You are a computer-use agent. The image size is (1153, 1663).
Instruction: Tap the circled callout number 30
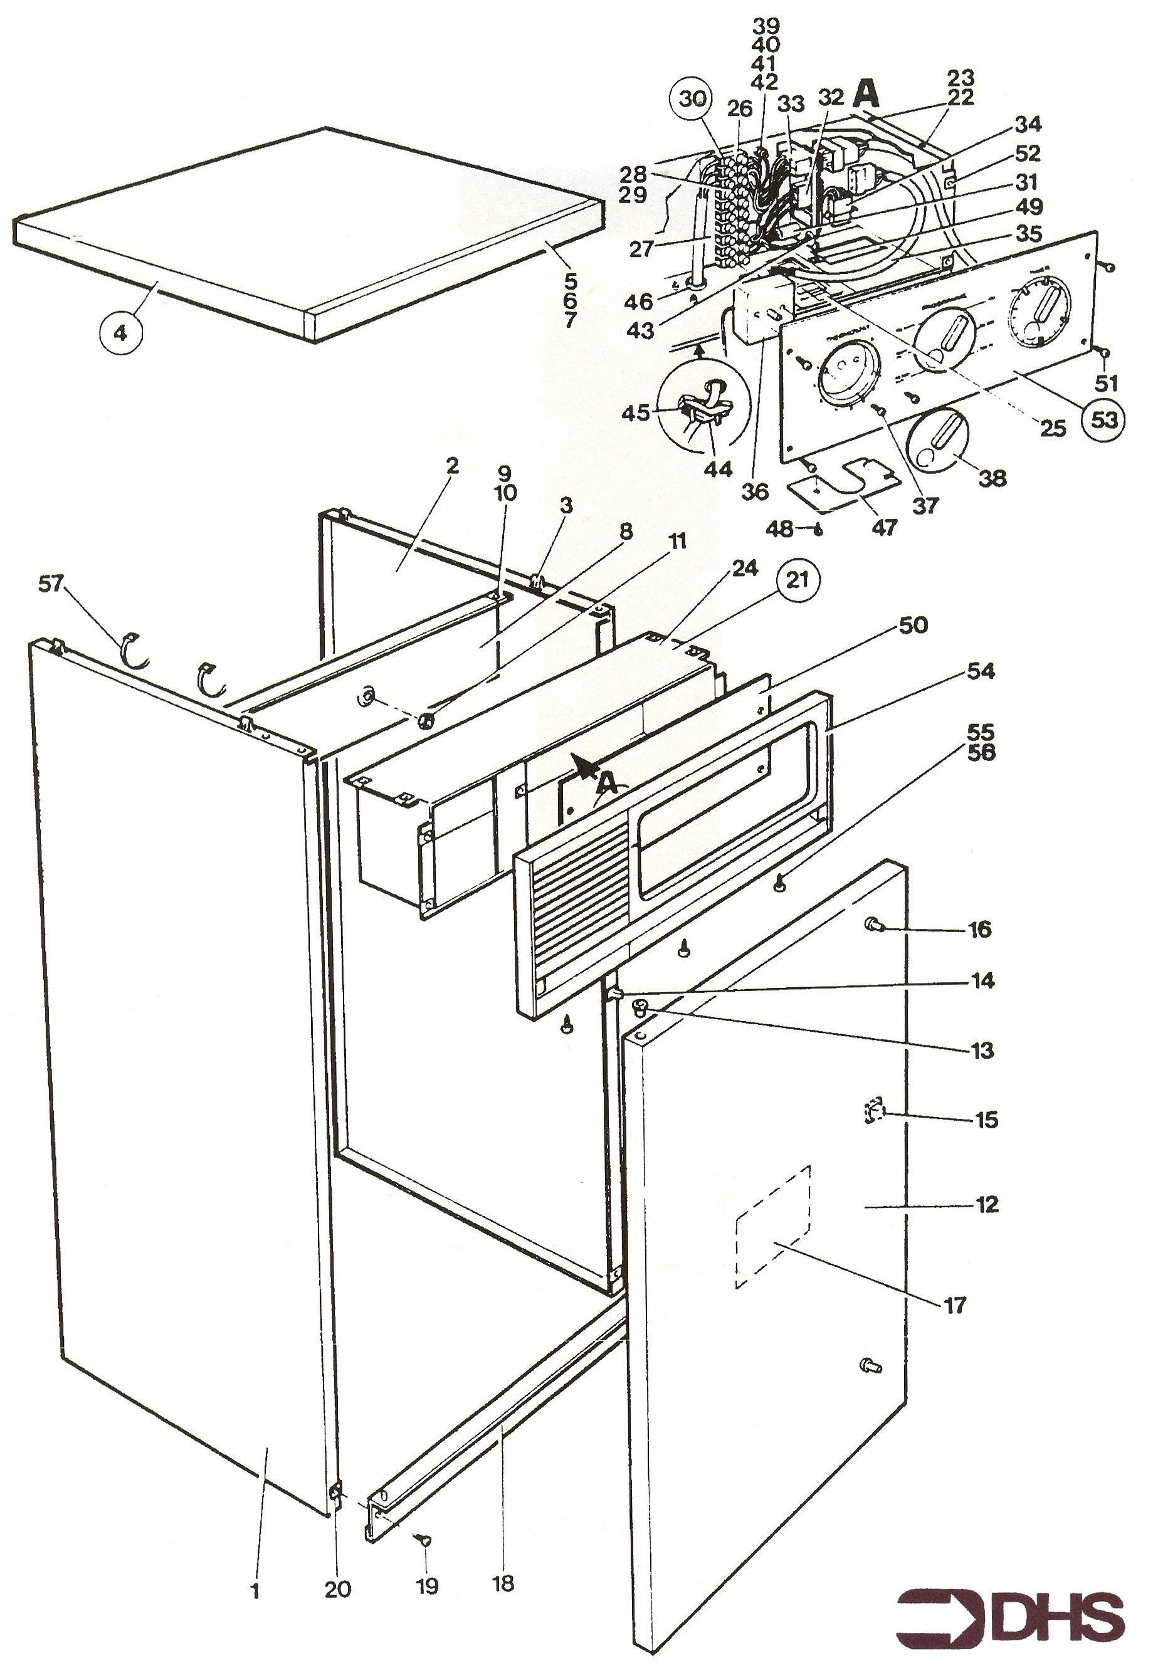click(692, 98)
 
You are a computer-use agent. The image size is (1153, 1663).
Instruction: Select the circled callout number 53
click(1104, 419)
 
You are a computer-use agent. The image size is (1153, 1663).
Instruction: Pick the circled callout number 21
click(797, 579)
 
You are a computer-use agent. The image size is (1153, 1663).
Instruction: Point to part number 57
click(51, 583)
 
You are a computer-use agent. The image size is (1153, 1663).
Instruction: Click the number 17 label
click(955, 1305)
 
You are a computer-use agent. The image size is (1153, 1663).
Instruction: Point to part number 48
click(779, 529)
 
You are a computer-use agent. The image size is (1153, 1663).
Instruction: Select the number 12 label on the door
click(986, 1204)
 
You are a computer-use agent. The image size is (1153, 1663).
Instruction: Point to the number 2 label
click(452, 466)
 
